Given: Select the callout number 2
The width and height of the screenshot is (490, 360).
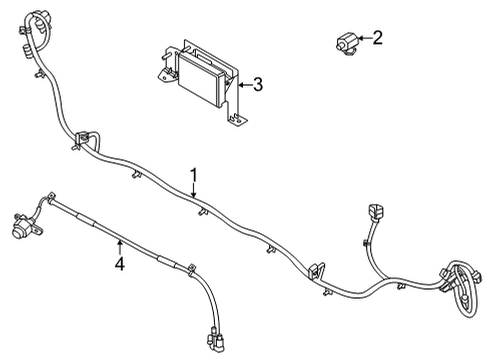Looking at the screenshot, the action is click(377, 38).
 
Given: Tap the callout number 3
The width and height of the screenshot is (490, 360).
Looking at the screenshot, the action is click(258, 85).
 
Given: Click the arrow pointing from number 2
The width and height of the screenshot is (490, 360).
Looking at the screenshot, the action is click(365, 38).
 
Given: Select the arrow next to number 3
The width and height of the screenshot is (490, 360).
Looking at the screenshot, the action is click(245, 85).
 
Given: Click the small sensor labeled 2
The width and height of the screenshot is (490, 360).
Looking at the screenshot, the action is click(347, 43).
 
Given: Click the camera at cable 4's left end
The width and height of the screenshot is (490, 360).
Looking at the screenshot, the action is click(22, 226).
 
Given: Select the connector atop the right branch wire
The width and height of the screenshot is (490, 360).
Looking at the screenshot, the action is click(376, 213).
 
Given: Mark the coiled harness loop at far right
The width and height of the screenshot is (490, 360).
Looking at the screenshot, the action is click(462, 287).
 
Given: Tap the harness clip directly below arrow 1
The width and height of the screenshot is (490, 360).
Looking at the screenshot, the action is click(202, 212).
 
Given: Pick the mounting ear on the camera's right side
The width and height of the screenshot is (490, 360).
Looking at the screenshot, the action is click(38, 228).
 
